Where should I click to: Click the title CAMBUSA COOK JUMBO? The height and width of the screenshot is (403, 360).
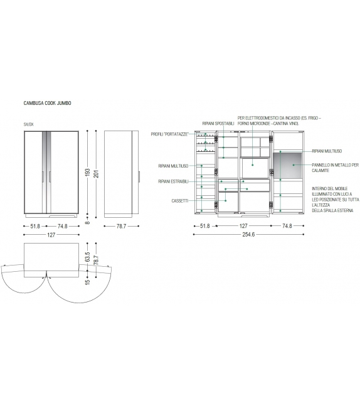pyautogui.click(x=47, y=103)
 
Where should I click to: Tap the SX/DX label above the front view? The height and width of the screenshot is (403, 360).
pyautogui.click(x=28, y=124)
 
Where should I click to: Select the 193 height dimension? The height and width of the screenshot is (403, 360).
pyautogui.click(x=88, y=173)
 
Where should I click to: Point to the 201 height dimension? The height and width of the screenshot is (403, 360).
pyautogui.click(x=96, y=174)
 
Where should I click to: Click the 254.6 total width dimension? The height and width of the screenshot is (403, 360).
pyautogui.click(x=248, y=234)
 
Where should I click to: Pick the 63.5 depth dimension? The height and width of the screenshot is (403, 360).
pyautogui.click(x=88, y=257)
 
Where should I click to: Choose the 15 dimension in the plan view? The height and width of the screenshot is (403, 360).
pyautogui.click(x=88, y=281)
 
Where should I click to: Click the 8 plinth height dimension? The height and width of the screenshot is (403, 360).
pyautogui.click(x=88, y=223)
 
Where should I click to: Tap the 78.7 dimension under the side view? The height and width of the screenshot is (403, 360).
pyautogui.click(x=121, y=226)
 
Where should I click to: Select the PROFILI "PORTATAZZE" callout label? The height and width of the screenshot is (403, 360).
pyautogui.click(x=170, y=134)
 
